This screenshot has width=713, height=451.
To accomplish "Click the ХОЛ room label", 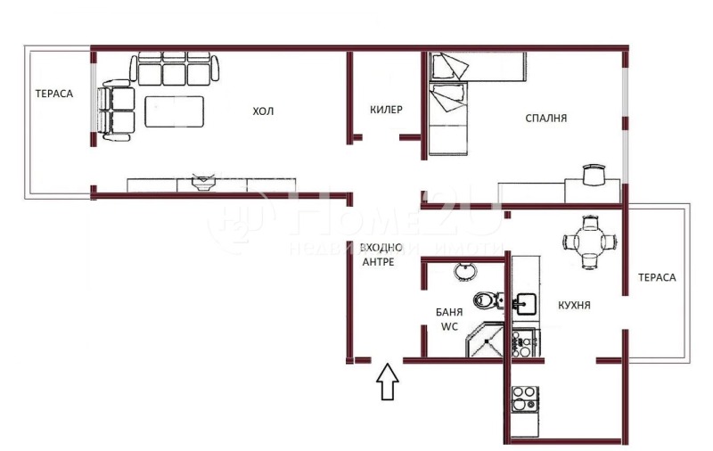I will [263, 111].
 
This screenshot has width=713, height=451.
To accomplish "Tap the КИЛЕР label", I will [386, 111].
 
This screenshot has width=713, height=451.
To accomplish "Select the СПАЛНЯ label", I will [546, 118].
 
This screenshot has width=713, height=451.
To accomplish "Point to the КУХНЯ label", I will [575, 306].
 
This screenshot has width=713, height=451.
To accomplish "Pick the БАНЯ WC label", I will [448, 319].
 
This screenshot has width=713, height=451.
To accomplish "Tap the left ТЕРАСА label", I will [53, 93].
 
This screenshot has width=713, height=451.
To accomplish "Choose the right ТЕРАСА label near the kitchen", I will [657, 277].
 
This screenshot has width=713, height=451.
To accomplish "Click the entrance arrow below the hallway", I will [387, 382].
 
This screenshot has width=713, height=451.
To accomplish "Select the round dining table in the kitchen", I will [588, 240].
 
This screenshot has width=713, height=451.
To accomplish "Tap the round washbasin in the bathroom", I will [464, 271].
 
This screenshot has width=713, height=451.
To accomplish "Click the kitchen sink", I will [524, 303].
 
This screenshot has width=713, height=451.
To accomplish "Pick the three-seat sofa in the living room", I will [175, 70].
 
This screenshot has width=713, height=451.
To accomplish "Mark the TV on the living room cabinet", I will [203, 182].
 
